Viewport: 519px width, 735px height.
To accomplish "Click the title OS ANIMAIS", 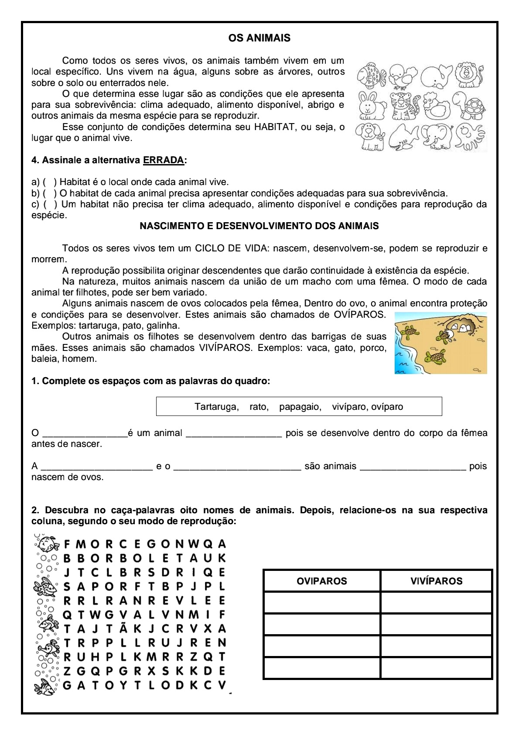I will click(259, 38).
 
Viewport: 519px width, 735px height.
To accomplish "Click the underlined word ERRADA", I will click(163, 160).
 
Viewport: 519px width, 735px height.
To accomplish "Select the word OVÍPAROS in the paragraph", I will click(359, 315).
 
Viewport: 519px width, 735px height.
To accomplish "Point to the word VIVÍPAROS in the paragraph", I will click(225, 348).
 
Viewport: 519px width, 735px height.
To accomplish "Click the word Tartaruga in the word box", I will click(216, 407).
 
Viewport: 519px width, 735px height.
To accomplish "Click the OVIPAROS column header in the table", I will click(322, 581).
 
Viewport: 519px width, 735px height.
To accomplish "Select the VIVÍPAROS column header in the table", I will click(436, 581).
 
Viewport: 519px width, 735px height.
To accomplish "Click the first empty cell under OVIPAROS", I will click(322, 603).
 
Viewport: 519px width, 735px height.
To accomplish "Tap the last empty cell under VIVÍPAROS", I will click(436, 668).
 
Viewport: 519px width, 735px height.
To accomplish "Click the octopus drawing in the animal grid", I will click(470, 137).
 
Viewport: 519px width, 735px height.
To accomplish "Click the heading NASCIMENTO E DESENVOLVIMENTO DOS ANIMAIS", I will click(259, 226).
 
